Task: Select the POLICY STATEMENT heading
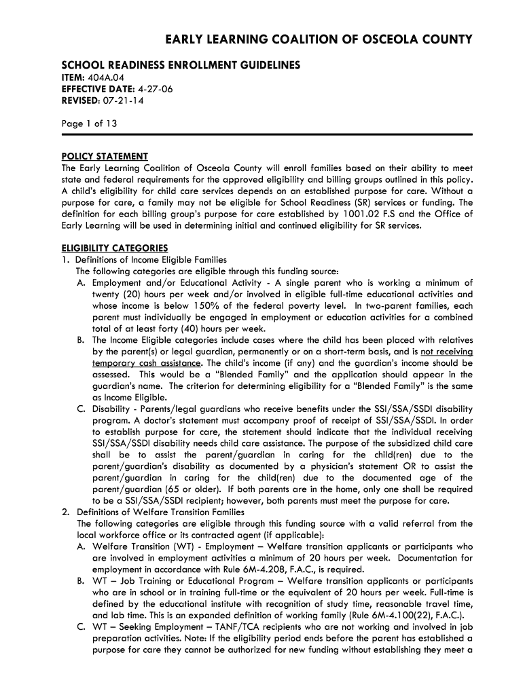[x=105, y=157]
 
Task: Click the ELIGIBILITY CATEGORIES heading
[x=115, y=248]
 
